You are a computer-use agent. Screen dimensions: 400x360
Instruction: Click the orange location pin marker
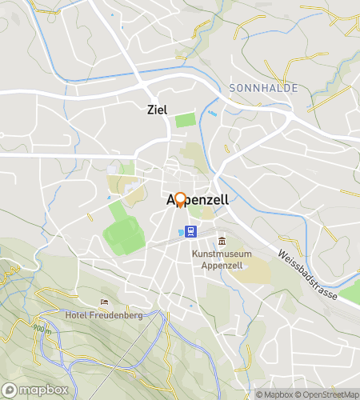(180, 199)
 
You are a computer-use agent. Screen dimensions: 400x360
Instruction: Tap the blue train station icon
(191, 232)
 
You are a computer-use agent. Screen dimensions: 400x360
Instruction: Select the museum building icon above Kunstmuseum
(222, 241)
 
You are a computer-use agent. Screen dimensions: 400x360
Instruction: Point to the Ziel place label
(158, 110)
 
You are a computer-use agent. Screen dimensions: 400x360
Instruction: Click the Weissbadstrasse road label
(308, 276)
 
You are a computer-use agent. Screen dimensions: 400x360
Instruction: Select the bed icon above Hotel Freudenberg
(105, 302)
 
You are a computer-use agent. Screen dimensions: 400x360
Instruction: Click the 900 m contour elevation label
(42, 327)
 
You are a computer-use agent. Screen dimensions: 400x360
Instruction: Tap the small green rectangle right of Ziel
(185, 120)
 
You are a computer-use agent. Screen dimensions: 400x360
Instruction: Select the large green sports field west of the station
(122, 230)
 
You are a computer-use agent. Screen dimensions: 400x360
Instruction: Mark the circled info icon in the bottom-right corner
(250, 394)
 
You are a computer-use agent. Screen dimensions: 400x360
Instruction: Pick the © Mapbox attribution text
(274, 394)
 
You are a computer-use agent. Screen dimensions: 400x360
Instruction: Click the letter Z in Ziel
(151, 110)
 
